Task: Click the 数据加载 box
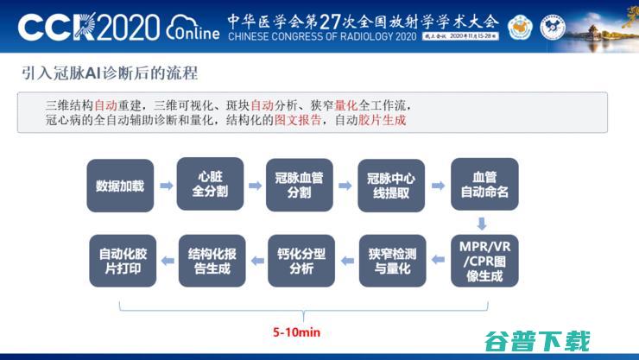click(120, 186)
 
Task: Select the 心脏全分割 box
click(210, 184)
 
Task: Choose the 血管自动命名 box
click(484, 185)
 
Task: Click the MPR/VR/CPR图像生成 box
click(484, 261)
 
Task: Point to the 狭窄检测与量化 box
click(391, 261)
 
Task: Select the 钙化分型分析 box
click(301, 261)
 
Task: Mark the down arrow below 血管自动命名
click(482, 223)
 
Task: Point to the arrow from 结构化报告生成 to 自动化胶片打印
click(165, 261)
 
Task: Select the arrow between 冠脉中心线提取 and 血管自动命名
click(438, 186)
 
